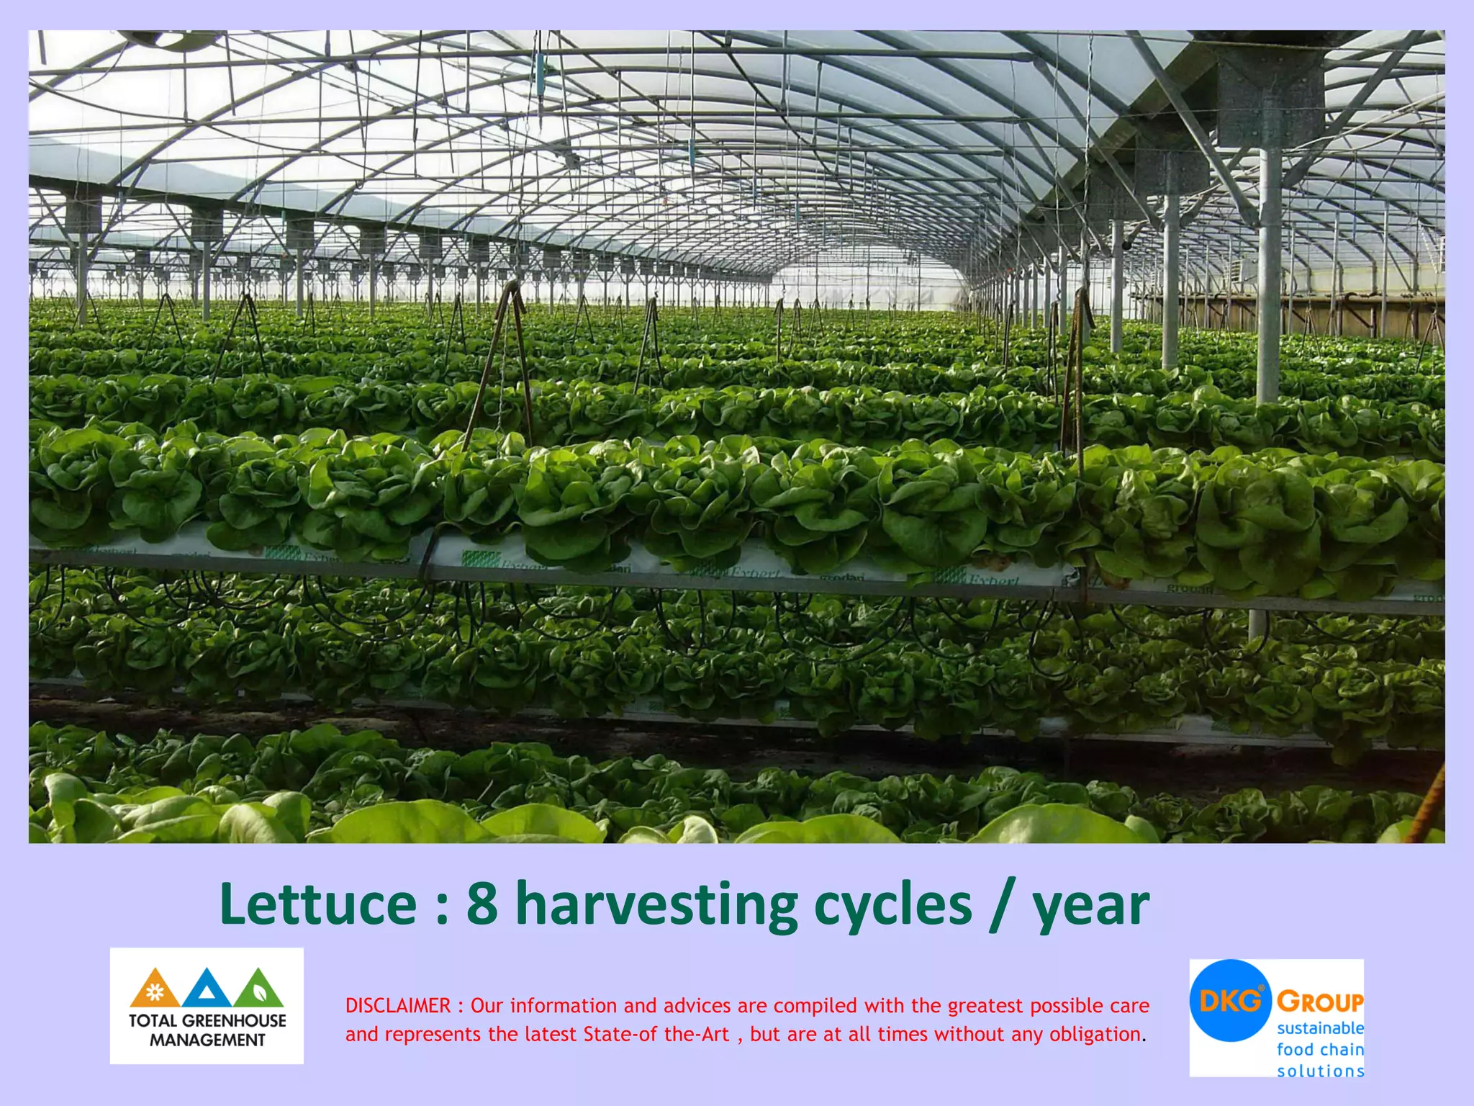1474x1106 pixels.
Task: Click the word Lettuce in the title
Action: (317, 904)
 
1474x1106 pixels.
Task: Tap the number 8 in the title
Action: (481, 904)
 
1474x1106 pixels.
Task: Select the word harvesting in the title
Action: (656, 905)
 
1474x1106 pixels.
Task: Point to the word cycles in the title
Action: (892, 905)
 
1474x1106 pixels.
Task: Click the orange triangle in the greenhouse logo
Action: (155, 989)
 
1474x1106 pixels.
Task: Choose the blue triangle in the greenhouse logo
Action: (207, 989)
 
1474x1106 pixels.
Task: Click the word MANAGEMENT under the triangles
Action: (207, 1040)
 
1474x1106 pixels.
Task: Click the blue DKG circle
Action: (1230, 1000)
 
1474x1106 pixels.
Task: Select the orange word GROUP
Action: (1320, 1002)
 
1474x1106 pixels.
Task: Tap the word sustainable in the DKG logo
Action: (1320, 1028)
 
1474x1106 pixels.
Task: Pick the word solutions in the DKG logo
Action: (1320, 1071)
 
